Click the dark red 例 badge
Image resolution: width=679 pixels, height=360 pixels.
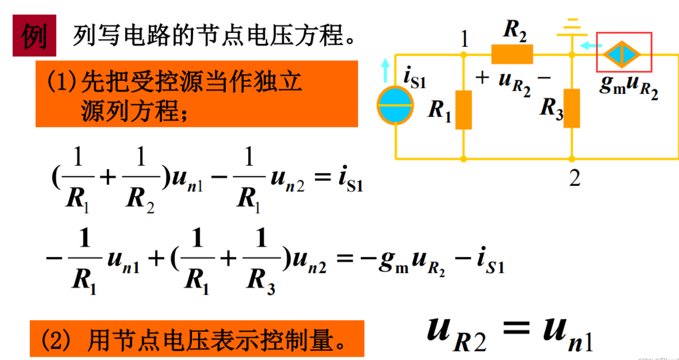click(x=34, y=36)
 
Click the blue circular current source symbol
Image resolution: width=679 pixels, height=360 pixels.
click(x=395, y=106)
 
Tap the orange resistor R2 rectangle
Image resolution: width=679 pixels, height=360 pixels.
click(x=512, y=54)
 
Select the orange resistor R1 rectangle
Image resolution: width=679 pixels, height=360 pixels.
click(x=463, y=110)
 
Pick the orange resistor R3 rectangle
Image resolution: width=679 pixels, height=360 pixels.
click(x=571, y=108)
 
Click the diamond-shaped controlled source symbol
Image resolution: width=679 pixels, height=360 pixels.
click(x=622, y=55)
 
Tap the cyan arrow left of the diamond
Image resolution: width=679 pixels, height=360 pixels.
click(x=590, y=46)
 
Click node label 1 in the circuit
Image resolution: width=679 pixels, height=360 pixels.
click(x=464, y=39)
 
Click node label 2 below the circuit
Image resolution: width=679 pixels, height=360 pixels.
click(x=575, y=178)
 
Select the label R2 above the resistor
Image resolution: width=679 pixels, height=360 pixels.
click(x=515, y=30)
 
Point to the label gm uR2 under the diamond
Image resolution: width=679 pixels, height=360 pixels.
click(x=628, y=86)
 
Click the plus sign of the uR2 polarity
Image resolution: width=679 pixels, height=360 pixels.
click(x=482, y=77)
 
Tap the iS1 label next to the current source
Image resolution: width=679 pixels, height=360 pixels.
click(x=415, y=77)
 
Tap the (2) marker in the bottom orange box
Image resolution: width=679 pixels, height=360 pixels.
click(x=56, y=340)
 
